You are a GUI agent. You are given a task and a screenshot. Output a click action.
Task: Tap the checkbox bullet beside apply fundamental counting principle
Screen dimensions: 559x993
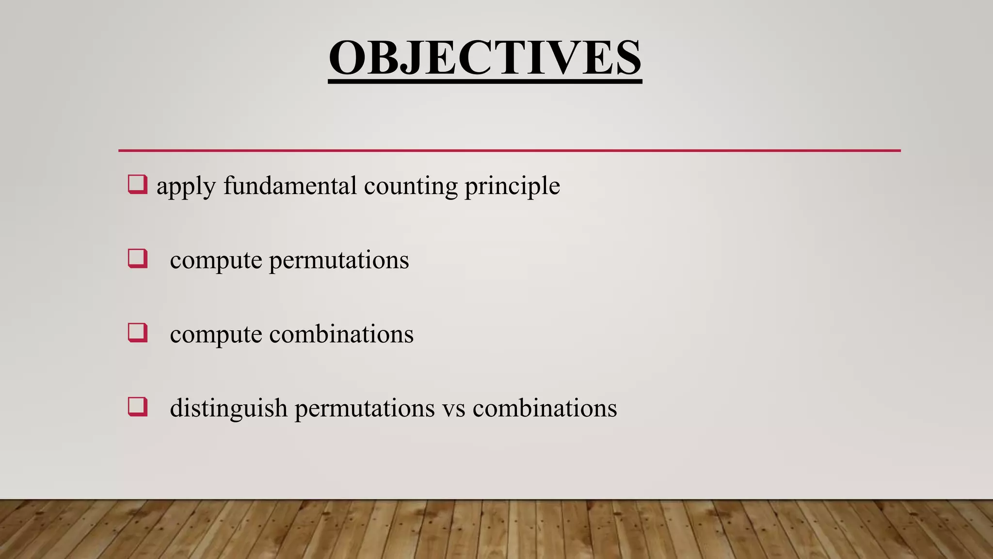pyautogui.click(x=137, y=185)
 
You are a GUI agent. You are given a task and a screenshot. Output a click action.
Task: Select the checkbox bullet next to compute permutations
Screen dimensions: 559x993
pyautogui.click(x=137, y=259)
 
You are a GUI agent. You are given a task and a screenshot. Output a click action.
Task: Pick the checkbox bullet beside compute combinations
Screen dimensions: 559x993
pyautogui.click(x=137, y=333)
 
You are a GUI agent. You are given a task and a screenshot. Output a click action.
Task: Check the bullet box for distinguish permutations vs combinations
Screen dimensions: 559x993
pyautogui.click(x=137, y=407)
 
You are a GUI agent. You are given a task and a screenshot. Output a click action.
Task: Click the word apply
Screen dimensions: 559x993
pyautogui.click(x=186, y=187)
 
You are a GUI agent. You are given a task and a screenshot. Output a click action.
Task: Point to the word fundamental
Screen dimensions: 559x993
pyautogui.click(x=290, y=185)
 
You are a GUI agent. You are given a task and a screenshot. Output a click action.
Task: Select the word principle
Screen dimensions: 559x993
pyautogui.click(x=512, y=187)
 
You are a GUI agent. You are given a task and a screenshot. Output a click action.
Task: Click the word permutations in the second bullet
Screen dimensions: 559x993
pyautogui.click(x=339, y=261)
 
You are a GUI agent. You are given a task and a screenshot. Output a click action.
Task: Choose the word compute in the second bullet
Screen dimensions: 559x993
pyautogui.click(x=216, y=262)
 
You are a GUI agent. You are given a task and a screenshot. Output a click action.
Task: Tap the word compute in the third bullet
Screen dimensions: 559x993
pyautogui.click(x=216, y=335)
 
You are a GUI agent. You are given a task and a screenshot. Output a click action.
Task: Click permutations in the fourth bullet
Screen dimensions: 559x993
pyautogui.click(x=365, y=409)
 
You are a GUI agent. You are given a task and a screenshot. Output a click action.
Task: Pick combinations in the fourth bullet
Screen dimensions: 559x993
pyautogui.click(x=545, y=408)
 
